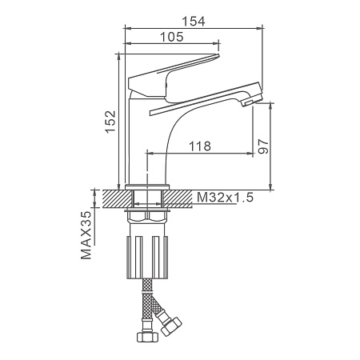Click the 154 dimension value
tap(194, 22)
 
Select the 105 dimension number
tap(172, 37)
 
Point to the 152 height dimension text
tap(110, 122)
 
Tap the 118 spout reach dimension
tap(200, 146)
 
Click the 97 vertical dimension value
tap(263, 146)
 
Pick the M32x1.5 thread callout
tap(225, 198)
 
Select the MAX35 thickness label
tap(86, 235)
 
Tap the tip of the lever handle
tap(218, 55)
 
